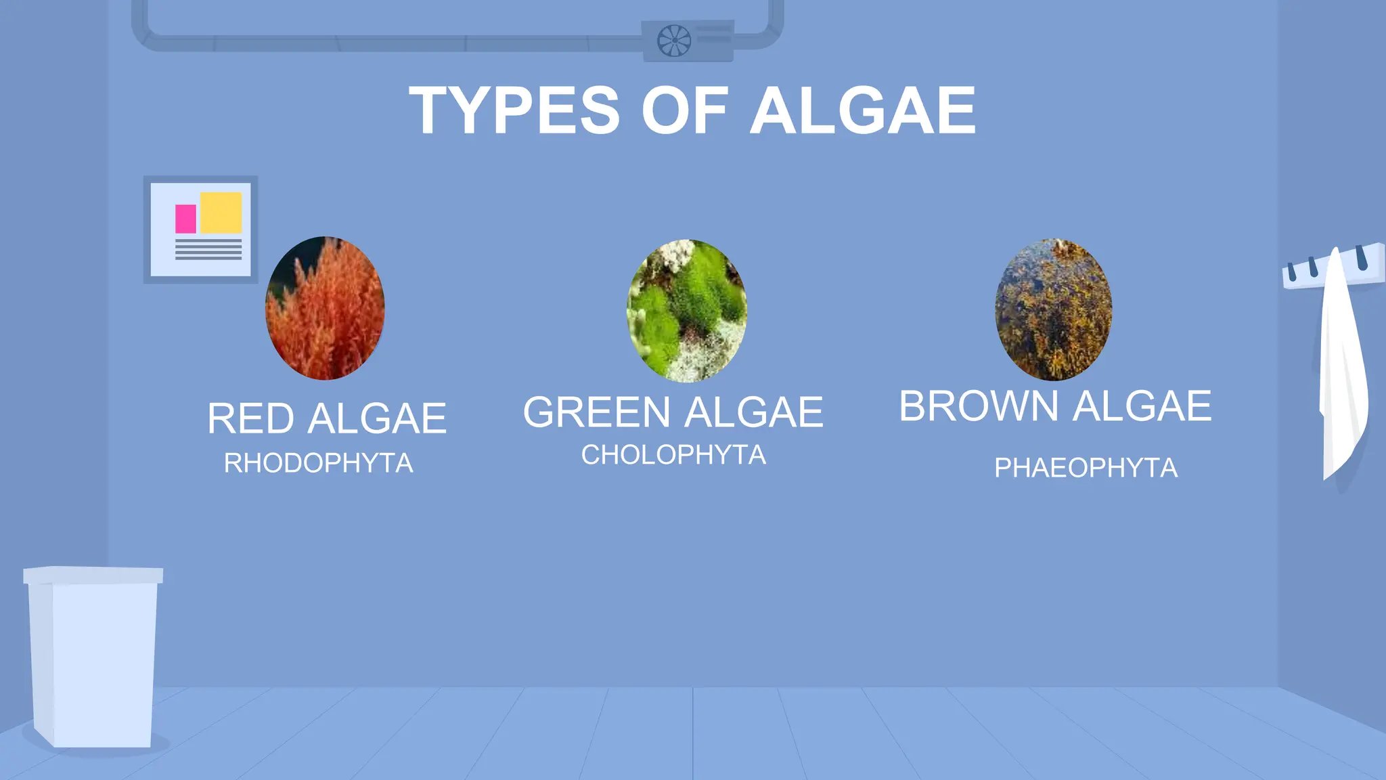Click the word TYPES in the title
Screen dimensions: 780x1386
514,111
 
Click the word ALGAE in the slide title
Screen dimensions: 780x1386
863,111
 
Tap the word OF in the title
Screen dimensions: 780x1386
684,111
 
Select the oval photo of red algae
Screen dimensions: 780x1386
325,308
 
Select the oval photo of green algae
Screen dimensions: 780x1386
687,310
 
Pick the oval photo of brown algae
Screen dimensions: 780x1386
1053,309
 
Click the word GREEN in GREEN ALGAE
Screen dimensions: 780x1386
596,412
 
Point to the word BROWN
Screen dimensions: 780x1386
978,406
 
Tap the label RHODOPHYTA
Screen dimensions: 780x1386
318,464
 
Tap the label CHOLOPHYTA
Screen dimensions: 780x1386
673,455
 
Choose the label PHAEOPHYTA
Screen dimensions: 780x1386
1086,468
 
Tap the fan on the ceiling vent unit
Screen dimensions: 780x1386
674,41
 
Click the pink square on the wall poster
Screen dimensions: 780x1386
185,219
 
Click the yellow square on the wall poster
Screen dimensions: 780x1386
221,213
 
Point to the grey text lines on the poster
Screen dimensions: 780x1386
208,249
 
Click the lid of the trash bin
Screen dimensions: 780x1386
93,575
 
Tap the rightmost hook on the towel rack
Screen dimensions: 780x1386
1362,257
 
